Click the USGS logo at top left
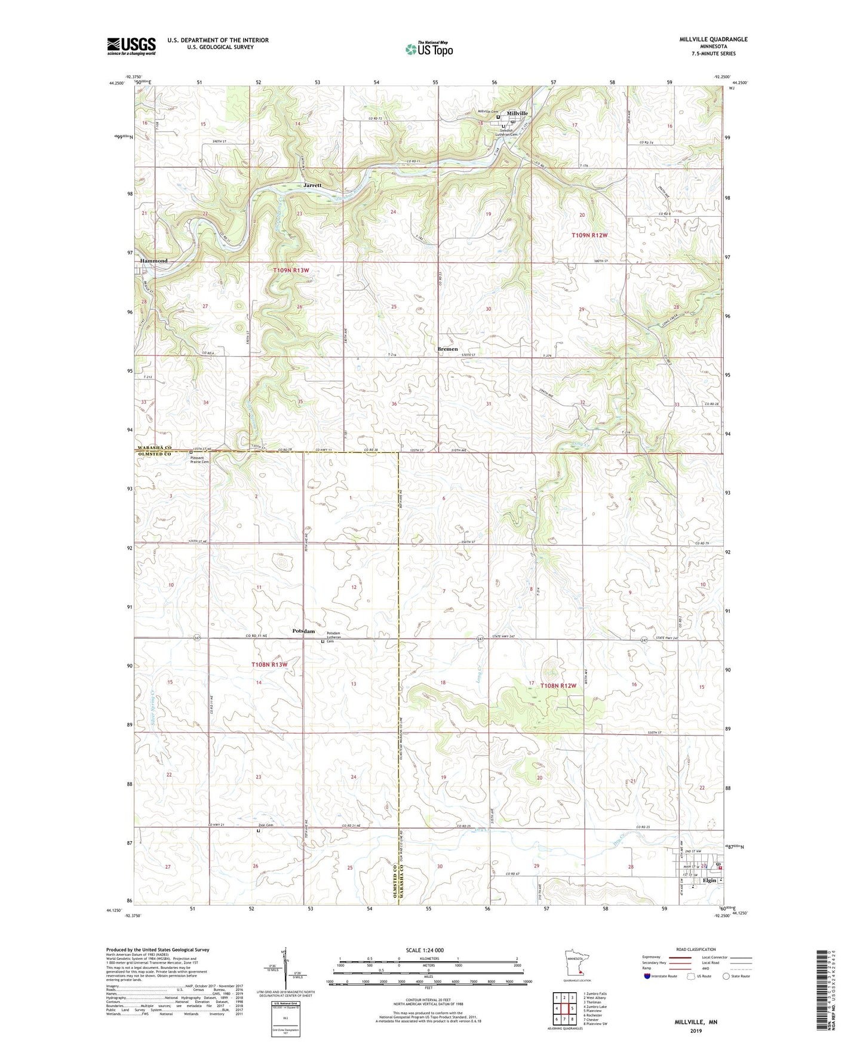click(131, 46)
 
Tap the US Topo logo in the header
click(428, 49)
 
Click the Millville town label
click(517, 113)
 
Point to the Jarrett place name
click(312, 185)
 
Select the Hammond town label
click(153, 261)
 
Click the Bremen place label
click(447, 349)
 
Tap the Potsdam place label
click(303, 631)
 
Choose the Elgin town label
click(709, 880)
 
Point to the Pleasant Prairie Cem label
click(200, 459)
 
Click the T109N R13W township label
click(291, 271)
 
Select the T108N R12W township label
click(558, 686)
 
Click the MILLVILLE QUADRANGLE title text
click(713, 39)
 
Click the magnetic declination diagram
click(280, 968)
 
